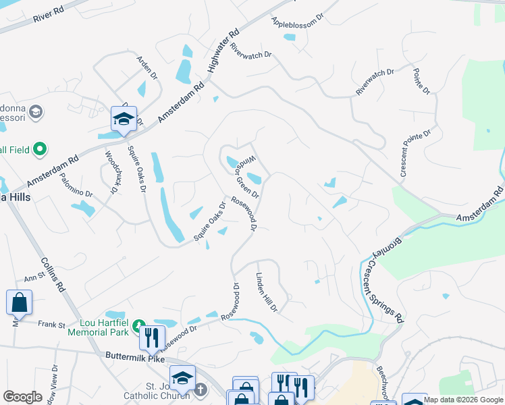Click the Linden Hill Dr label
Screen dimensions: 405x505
coord(266,292)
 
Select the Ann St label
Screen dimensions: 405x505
coord(34,277)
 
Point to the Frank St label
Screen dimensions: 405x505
coord(51,325)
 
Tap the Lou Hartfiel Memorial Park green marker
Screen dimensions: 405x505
coord(139,326)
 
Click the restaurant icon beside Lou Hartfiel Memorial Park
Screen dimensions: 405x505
coord(153,335)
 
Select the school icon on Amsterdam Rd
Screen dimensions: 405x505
coord(124,119)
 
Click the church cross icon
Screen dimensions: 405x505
coord(201,389)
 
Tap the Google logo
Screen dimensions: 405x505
coord(23,397)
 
